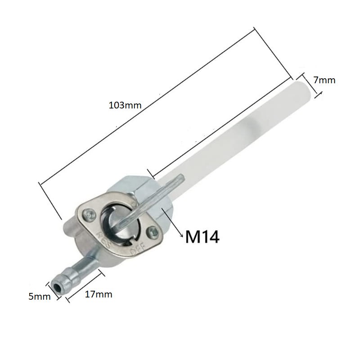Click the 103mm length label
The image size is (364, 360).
coord(125,106)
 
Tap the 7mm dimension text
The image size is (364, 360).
coord(324,80)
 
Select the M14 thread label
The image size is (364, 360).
coord(202,236)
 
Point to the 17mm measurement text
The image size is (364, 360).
coord(98,295)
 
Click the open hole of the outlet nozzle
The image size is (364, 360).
coord(57,286)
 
